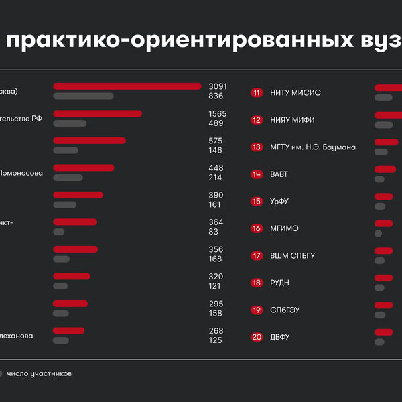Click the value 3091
click(218, 86)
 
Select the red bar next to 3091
click(127, 86)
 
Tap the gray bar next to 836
click(83, 96)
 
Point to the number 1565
click(218, 114)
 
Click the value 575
click(216, 141)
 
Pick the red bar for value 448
click(83, 167)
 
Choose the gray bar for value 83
click(59, 232)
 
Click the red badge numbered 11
click(257, 92)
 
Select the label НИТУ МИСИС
click(295, 92)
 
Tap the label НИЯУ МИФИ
click(292, 120)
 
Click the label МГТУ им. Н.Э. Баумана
click(313, 147)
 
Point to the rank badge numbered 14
click(257, 174)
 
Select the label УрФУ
click(279, 202)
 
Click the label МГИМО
click(283, 228)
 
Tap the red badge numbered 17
click(257, 256)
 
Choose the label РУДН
click(279, 283)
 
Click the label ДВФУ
click(280, 338)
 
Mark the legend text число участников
click(39, 373)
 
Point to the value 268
click(216, 331)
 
